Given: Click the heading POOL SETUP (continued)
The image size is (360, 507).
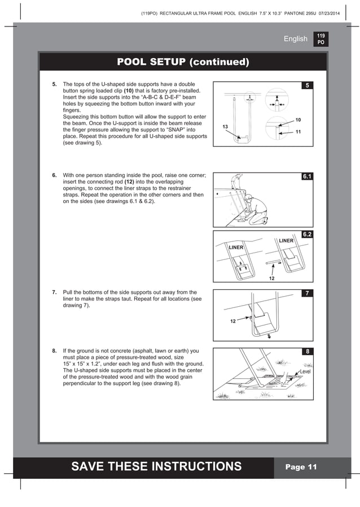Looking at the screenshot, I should point(182,61).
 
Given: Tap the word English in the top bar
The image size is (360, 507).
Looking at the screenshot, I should point(296,39).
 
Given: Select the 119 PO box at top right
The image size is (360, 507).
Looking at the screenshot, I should point(321,38).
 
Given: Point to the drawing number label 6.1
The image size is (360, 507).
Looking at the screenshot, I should point(308,177).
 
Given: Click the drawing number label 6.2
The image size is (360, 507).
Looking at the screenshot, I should point(308,234).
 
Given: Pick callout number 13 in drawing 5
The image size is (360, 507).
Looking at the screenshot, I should point(225,127).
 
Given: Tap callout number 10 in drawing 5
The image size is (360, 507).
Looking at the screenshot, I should point(298,120).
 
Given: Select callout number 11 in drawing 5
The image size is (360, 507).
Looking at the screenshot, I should point(298,132).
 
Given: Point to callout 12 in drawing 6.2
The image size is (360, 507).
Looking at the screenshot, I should point(271,277).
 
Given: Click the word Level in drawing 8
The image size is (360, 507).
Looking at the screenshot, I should point(305,372).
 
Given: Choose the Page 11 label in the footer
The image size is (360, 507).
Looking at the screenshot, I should point(301,467).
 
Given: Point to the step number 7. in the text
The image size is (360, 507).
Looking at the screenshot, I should point(54,293).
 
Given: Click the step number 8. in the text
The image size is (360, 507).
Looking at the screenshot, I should point(54,351).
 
